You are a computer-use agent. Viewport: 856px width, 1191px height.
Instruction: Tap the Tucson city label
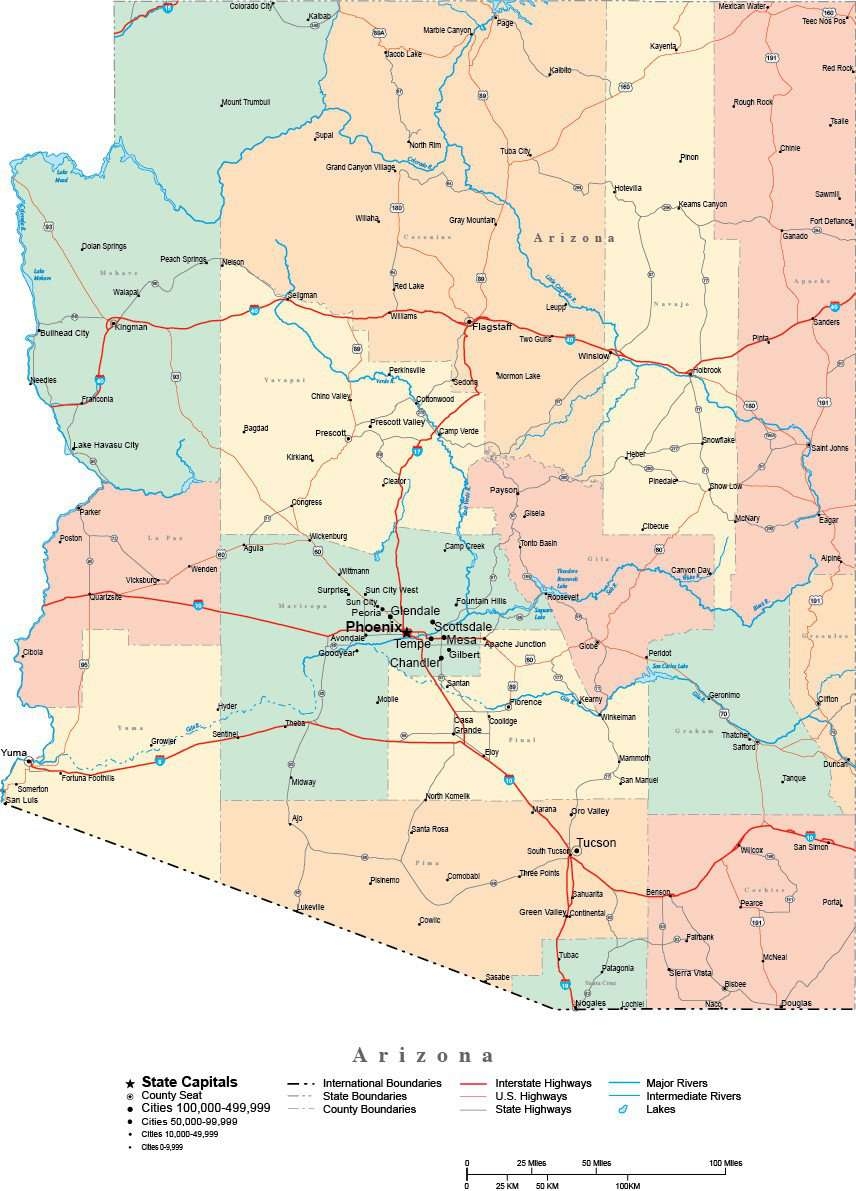596,842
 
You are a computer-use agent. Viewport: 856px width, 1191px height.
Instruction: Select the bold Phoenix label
373,626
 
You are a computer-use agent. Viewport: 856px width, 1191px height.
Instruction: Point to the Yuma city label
14,752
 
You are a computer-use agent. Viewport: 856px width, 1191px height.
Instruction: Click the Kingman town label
131,327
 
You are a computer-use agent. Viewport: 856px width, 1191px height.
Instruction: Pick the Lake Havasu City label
106,445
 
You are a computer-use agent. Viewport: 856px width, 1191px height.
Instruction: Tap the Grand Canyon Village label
360,167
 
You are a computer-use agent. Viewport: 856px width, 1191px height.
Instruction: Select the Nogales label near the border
590,1003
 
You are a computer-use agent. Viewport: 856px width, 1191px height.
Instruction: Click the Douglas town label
796,1003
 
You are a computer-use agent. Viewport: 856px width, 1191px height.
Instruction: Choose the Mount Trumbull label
246,102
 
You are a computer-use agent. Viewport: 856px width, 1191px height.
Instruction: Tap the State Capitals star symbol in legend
129,1083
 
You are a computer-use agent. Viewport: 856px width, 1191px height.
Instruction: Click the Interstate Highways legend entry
543,1083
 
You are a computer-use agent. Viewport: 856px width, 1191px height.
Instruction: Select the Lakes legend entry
661,1109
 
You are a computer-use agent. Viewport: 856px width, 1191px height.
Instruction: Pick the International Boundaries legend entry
381,1083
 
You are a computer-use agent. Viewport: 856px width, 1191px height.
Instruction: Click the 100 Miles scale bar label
726,1163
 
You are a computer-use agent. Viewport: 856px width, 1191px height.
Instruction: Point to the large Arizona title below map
424,1055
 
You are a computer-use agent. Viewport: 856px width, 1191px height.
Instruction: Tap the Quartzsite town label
105,597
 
